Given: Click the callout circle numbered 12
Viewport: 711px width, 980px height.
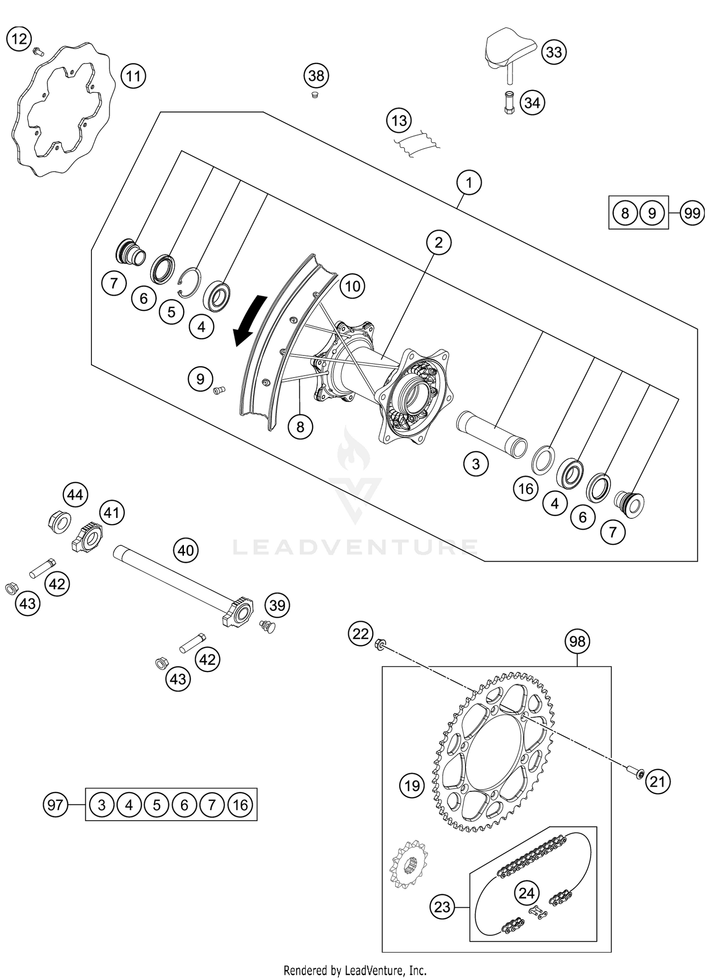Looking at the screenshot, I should coord(19,38).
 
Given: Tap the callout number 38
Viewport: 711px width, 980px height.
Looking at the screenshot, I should coord(316,76).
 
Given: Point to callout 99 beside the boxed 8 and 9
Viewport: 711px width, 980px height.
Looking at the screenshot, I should coord(692,213).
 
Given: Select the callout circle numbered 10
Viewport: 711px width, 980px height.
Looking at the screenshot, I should coord(352,286).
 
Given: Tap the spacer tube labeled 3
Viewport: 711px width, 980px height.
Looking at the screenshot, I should coord(491,434).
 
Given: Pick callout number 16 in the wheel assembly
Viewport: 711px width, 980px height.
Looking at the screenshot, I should coord(526,489).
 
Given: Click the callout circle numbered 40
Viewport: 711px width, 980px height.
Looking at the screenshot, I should coord(186,550).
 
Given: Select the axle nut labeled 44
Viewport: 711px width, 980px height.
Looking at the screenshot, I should coord(59,522).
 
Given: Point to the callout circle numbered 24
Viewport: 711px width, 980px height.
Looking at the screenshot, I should coord(526,893).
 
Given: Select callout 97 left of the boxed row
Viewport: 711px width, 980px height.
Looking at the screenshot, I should coord(55,805).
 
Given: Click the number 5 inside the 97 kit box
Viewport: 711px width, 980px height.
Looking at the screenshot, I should coord(157,805).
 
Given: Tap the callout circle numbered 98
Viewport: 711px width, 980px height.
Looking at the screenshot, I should coord(577,642).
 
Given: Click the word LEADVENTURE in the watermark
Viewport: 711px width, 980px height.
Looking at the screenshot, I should coord(355,547).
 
